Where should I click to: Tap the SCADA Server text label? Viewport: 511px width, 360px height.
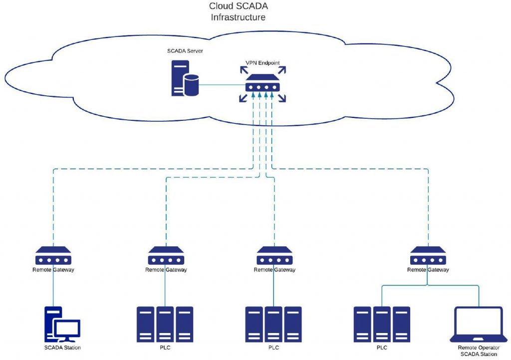coord(185,51)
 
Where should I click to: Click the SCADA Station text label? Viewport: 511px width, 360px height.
coord(62,347)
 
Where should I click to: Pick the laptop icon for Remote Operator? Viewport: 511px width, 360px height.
coord(478,325)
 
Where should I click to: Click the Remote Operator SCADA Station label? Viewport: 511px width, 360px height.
coord(478,351)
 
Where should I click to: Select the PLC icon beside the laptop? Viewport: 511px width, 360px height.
coord(382,324)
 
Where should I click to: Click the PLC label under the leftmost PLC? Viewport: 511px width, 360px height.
coord(165,347)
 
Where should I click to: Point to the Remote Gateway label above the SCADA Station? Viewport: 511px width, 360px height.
coord(53,270)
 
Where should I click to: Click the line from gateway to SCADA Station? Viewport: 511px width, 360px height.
coord(53,290)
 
